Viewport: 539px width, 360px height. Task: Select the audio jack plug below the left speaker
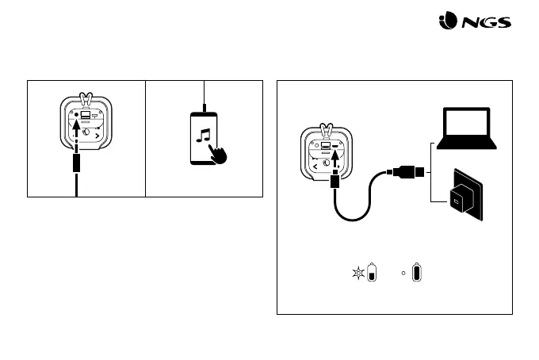(x=76, y=164)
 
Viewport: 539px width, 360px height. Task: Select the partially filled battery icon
(x=373, y=274)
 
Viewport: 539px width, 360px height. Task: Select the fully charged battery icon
(x=417, y=274)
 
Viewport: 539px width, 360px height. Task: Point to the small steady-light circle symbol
(x=404, y=273)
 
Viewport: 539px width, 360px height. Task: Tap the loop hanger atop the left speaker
(x=86, y=100)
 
